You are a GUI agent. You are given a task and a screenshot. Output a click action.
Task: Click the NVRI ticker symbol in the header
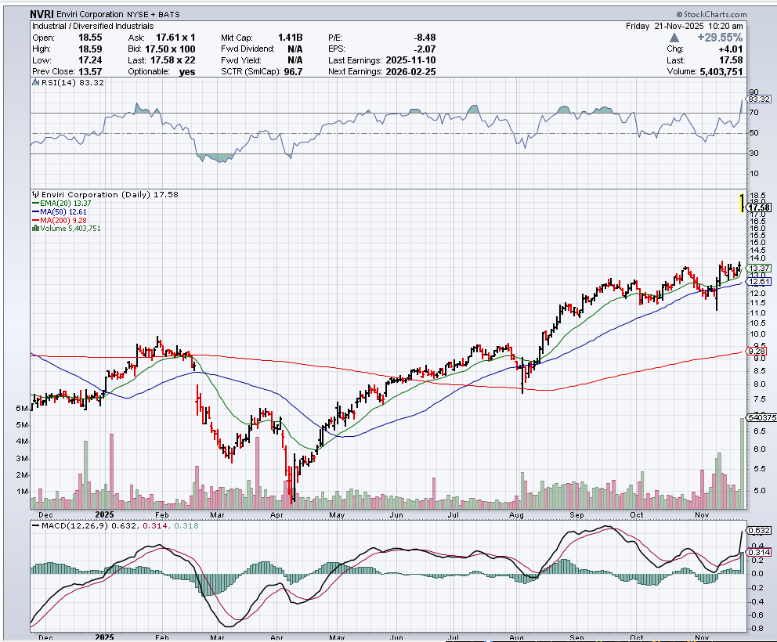click(x=42, y=14)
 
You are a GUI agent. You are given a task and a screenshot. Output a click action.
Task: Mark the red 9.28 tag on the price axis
click(x=757, y=352)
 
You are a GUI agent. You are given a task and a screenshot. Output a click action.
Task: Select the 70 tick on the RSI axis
click(x=754, y=113)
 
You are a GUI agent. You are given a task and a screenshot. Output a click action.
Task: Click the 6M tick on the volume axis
click(x=21, y=409)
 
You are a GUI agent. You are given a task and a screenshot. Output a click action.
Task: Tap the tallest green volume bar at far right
click(x=741, y=462)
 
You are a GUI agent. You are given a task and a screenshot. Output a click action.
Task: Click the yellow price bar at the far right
click(x=741, y=202)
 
